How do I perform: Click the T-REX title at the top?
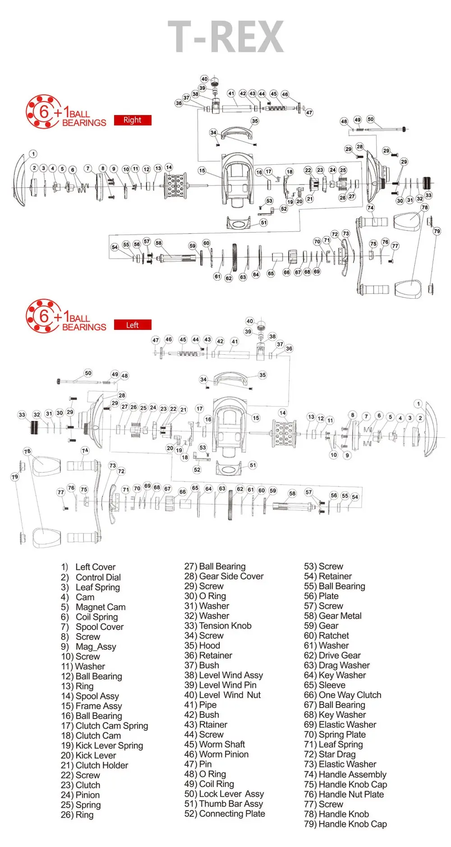tap(225, 37)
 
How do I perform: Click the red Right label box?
tap(132, 120)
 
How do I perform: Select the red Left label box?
tap(132, 325)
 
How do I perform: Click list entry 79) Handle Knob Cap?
tap(345, 824)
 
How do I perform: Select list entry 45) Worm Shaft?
tap(215, 744)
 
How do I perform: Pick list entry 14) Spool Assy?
tap(90, 696)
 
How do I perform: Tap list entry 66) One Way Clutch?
tap(343, 695)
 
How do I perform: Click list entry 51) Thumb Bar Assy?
tap(224, 804)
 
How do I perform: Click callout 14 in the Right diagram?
tap(169, 167)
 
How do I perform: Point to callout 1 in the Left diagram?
tap(419, 404)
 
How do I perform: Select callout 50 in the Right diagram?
tap(370, 120)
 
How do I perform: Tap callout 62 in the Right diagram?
tap(229, 278)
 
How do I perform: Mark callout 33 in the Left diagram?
tap(22, 415)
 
